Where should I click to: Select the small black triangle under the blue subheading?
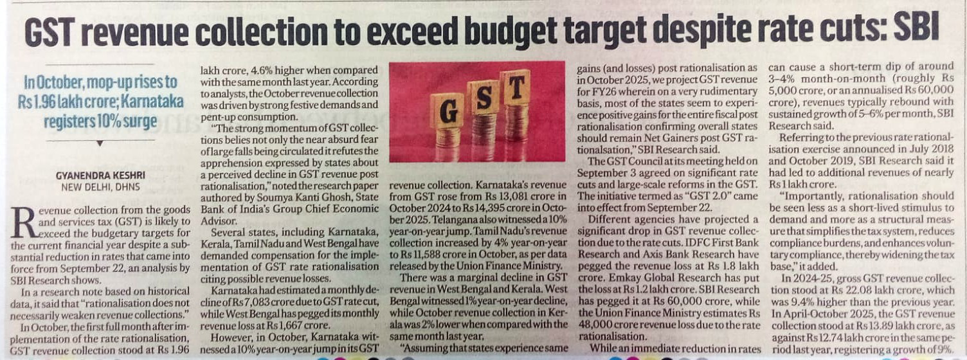[99, 143]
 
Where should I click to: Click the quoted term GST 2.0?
[702, 197]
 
